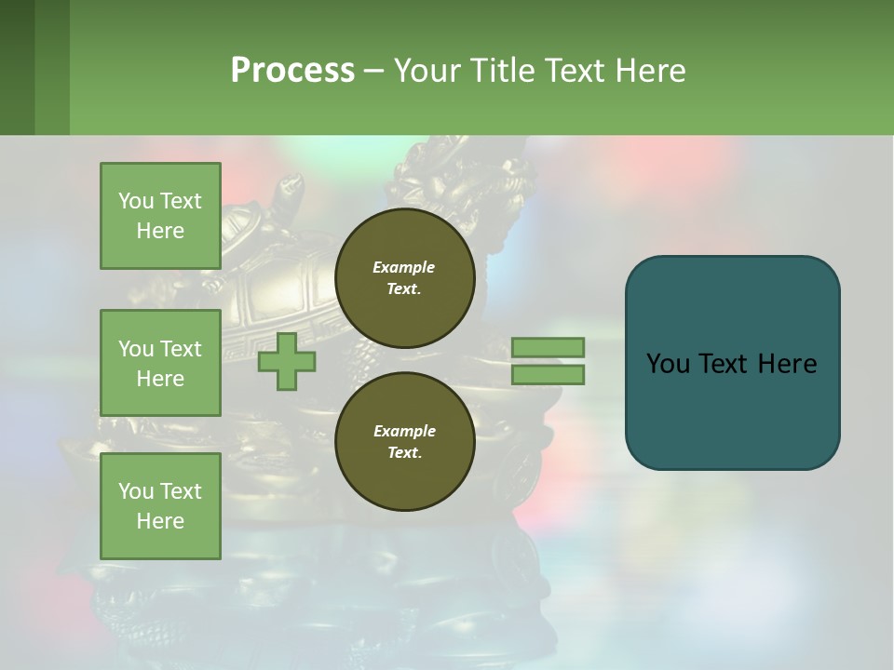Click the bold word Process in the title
pyautogui.click(x=292, y=70)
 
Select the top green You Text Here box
pyautogui.click(x=160, y=216)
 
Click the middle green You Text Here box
pyautogui.click(x=160, y=363)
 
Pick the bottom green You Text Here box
pyautogui.click(x=160, y=505)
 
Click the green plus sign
pyautogui.click(x=287, y=362)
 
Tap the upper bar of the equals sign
pyautogui.click(x=548, y=347)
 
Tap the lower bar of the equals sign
pyautogui.click(x=548, y=375)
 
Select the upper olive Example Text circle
pyautogui.click(x=404, y=277)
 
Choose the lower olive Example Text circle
pyautogui.click(x=404, y=441)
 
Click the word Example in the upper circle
pyautogui.click(x=404, y=267)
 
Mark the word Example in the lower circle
pyautogui.click(x=404, y=431)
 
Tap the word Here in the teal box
pyautogui.click(x=789, y=363)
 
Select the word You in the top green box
pyautogui.click(x=136, y=201)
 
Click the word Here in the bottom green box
pyautogui.click(x=160, y=521)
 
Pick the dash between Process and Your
pyautogui.click(x=374, y=71)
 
